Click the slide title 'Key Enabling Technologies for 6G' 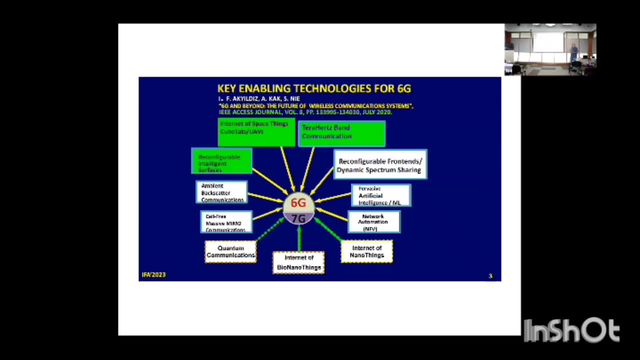(314, 88)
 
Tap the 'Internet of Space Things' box (256, 132)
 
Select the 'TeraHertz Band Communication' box (341, 133)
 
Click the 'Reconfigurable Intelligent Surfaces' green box (221, 161)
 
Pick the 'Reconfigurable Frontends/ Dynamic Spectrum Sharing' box (380, 164)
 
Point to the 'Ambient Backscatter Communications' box (221, 192)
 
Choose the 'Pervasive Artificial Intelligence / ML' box (381, 195)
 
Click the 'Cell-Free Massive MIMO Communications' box (225, 223)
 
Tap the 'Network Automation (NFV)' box (373, 222)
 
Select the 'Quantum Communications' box (230, 251)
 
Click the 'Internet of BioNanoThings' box (299, 262)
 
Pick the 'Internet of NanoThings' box (366, 251)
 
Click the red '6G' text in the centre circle (298, 203)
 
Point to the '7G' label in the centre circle (298, 218)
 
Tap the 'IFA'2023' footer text (153, 274)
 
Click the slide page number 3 (490, 276)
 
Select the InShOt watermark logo (571, 330)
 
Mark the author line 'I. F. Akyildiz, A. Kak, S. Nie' (259, 99)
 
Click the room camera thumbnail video (550, 49)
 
